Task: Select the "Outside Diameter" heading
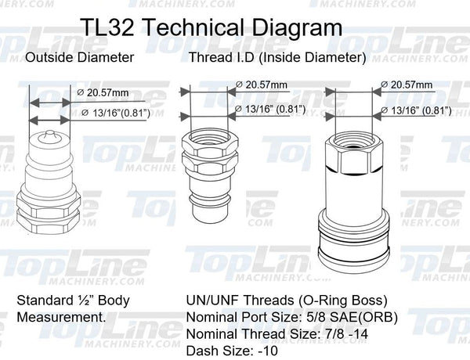[x=79, y=58]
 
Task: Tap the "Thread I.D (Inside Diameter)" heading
[x=277, y=58]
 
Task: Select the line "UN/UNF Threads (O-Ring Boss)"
[x=287, y=301]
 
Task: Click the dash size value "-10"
[x=271, y=352]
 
